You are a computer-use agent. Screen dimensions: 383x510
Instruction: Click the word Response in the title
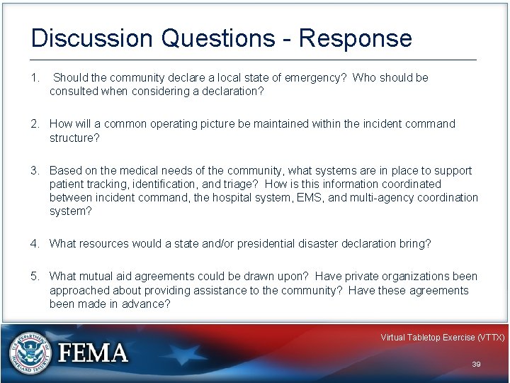pyautogui.click(x=355, y=38)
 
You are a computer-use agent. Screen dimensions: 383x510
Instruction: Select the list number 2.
pyautogui.click(x=35, y=124)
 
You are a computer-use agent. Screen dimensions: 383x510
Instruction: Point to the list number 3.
pyautogui.click(x=35, y=171)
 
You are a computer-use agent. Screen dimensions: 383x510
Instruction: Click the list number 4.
pyautogui.click(x=35, y=244)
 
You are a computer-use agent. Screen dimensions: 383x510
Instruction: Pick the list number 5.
pyautogui.click(x=35, y=277)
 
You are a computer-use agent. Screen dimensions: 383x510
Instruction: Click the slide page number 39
pyautogui.click(x=476, y=364)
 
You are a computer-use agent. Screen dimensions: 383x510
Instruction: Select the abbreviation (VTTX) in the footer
pyautogui.click(x=491, y=338)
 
